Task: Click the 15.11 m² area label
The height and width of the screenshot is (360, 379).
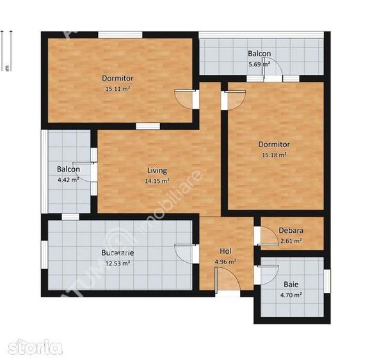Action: coord(117,90)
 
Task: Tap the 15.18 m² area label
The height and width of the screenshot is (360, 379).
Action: coord(274,154)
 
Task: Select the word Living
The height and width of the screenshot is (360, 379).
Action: coord(157,171)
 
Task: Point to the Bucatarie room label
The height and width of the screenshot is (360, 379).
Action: coord(117,253)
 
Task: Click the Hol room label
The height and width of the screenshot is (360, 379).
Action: coord(225,251)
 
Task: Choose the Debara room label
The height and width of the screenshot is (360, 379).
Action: coord(291,231)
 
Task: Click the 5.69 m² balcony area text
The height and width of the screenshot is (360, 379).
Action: coord(259,65)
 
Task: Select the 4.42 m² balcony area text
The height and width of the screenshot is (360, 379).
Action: coord(68,180)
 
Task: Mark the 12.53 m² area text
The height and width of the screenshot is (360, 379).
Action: coord(117,263)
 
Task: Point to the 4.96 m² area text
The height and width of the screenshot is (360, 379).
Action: coord(225,262)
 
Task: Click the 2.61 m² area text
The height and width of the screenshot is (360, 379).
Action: coord(291,241)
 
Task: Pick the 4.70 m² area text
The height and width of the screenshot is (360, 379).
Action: coord(291,295)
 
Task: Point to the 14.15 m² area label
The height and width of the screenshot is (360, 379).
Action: coord(157,181)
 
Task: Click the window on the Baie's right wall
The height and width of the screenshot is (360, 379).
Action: coord(327,279)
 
